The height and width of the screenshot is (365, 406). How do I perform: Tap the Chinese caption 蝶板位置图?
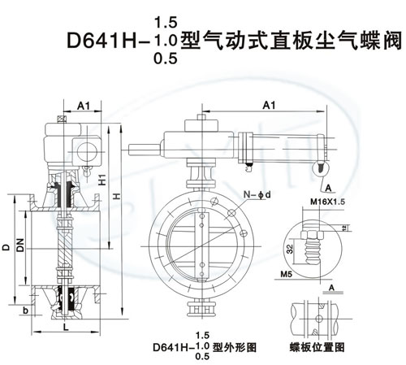click(317, 347)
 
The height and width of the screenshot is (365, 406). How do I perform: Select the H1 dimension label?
click(102, 180)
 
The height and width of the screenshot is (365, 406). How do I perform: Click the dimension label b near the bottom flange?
click(25, 311)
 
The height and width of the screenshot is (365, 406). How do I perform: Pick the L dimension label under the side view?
click(66, 327)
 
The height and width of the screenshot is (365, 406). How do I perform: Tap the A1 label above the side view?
click(84, 106)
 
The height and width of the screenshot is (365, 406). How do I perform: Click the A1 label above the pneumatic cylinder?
click(269, 105)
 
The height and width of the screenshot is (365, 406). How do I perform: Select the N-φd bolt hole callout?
click(257, 194)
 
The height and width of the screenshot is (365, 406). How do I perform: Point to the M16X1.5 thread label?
click(328, 202)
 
